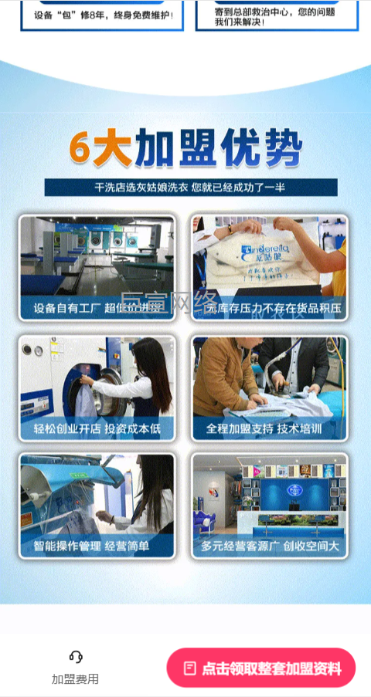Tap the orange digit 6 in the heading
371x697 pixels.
pos(80,147)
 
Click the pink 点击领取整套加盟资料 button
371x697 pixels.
pos(261,668)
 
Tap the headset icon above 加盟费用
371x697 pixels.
pos(76,657)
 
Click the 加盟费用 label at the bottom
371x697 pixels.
pos(76,679)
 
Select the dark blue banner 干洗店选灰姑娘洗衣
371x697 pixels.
pos(190,188)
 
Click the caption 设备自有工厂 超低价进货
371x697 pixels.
pos(98,309)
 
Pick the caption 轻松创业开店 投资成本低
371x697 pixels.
pos(97,428)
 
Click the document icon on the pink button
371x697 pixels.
pos(189,668)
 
